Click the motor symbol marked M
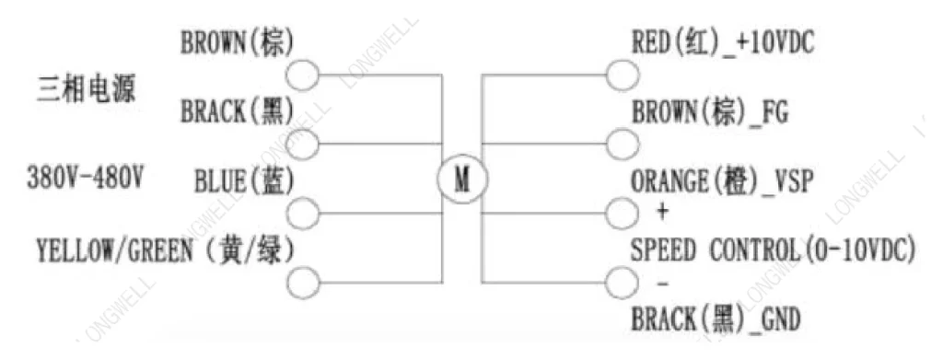pyautogui.click(x=462, y=179)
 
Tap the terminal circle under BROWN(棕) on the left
pyautogui.click(x=302, y=75)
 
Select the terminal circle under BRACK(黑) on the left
pyautogui.click(x=302, y=145)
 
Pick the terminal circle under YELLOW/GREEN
pyautogui.click(x=302, y=283)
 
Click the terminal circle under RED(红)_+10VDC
pyautogui.click(x=623, y=75)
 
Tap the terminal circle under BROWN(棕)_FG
pyautogui.click(x=623, y=145)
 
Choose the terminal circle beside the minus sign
pyautogui.click(x=622, y=283)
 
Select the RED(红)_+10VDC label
pyautogui.click(x=723, y=44)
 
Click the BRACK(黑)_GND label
pyautogui.click(x=716, y=319)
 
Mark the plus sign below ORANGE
pyautogui.click(x=661, y=212)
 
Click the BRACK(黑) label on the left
pyautogui.click(x=238, y=111)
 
